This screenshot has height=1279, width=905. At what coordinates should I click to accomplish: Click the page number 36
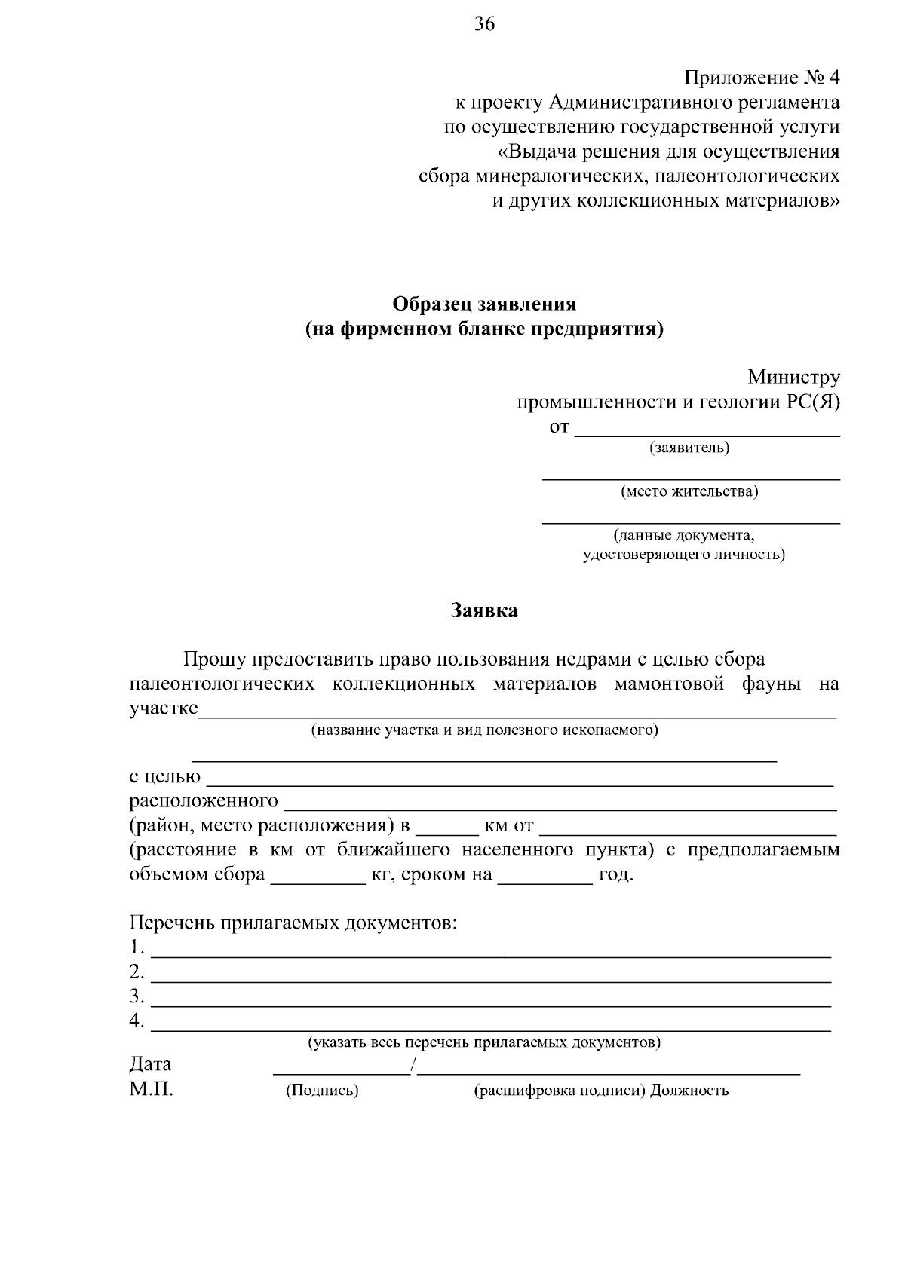484,24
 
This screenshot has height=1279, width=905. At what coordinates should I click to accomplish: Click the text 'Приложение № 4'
762,78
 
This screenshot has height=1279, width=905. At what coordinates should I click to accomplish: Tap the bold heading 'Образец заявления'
484,304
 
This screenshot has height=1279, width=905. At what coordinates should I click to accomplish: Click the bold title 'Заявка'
484,610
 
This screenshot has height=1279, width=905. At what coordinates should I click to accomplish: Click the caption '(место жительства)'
689,491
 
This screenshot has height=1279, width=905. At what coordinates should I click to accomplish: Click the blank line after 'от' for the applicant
707,431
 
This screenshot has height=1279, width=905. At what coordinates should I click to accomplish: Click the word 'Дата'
150,1063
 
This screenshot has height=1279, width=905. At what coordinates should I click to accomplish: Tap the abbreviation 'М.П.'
151,1089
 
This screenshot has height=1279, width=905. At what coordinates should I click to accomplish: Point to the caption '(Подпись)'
321,1090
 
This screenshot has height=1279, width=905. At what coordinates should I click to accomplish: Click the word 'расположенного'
204,800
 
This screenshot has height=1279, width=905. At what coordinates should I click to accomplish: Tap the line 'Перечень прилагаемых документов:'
293,923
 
